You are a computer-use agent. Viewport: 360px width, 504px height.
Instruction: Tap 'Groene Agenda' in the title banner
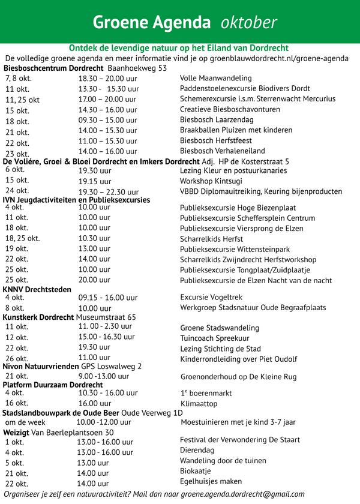[x=151, y=22]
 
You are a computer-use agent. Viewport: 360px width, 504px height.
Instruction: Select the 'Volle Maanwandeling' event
[x=215, y=78]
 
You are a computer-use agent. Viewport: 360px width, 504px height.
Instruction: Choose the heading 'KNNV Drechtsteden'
[x=37, y=289]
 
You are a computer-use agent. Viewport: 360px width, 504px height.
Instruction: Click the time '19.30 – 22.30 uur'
[x=109, y=192]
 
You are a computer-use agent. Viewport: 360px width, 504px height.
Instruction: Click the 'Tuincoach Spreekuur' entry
[x=215, y=338]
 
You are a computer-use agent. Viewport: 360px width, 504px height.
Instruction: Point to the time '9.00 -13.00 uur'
[x=104, y=377]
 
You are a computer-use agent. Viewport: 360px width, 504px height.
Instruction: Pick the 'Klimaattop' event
[x=199, y=404]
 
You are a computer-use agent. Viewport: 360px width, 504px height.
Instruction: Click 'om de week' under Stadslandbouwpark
[x=25, y=422]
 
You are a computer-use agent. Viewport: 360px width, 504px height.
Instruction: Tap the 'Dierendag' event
[x=197, y=450]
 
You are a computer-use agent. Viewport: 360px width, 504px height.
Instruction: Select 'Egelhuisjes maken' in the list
[x=211, y=481]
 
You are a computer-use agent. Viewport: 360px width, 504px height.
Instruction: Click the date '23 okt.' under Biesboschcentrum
[x=17, y=154]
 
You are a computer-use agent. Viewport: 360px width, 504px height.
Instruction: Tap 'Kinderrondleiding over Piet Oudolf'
[x=238, y=359]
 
